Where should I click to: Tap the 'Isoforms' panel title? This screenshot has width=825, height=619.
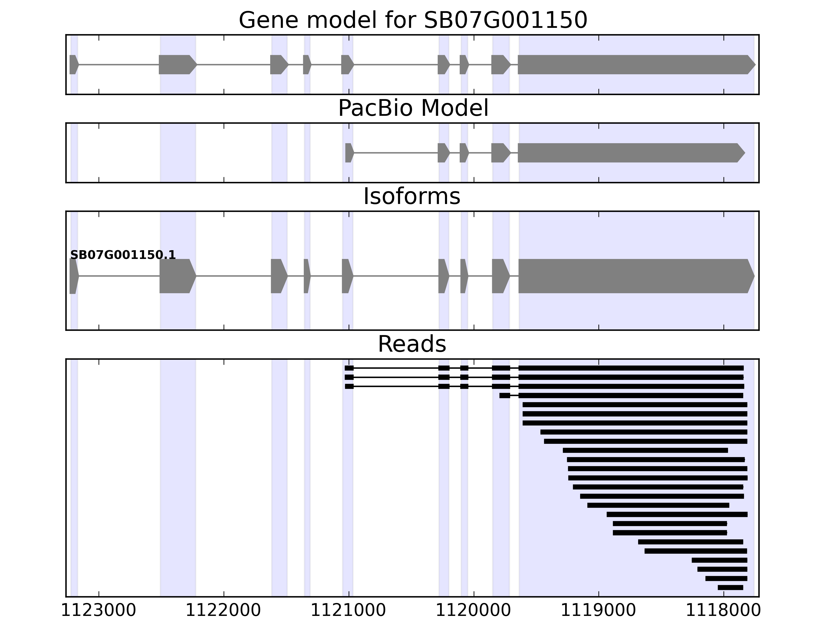pos(412,197)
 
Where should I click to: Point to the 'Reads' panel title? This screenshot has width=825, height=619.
pos(412,344)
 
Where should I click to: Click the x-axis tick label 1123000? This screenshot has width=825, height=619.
pos(98,611)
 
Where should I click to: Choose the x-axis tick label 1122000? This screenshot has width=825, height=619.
pos(224,611)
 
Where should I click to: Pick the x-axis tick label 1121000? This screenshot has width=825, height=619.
pos(348,611)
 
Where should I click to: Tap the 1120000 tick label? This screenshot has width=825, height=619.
pos(473,611)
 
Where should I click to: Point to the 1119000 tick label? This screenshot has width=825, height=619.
pos(598,611)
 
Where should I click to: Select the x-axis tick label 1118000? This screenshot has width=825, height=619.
pos(723,611)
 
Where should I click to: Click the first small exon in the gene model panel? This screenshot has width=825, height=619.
pos(73,64)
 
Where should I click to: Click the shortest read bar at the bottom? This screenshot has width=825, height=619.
pos(730,588)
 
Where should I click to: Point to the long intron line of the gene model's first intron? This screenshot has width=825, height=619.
pos(119,64)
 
